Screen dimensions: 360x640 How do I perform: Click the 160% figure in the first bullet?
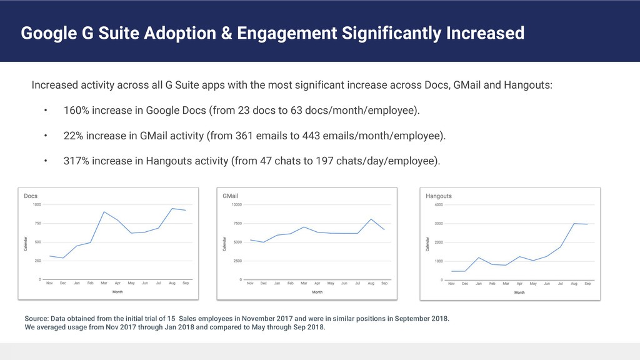[x=75, y=111]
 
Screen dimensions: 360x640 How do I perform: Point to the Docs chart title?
[x=31, y=196]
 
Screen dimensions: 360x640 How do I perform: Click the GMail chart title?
[x=231, y=196]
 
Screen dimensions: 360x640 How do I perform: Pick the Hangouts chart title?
[x=439, y=196]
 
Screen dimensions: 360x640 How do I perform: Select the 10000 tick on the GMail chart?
[x=236, y=205]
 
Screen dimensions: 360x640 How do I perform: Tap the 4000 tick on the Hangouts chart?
[x=439, y=205]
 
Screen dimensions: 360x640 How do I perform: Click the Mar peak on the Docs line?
[x=104, y=212]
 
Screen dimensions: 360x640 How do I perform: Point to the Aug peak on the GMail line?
[x=371, y=219]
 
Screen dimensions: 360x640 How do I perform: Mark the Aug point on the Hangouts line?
[x=574, y=223]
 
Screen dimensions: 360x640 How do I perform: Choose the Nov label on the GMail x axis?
[x=250, y=284]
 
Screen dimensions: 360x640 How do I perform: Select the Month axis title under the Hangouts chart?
[x=519, y=292]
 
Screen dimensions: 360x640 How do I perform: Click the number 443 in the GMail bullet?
[x=311, y=136]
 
